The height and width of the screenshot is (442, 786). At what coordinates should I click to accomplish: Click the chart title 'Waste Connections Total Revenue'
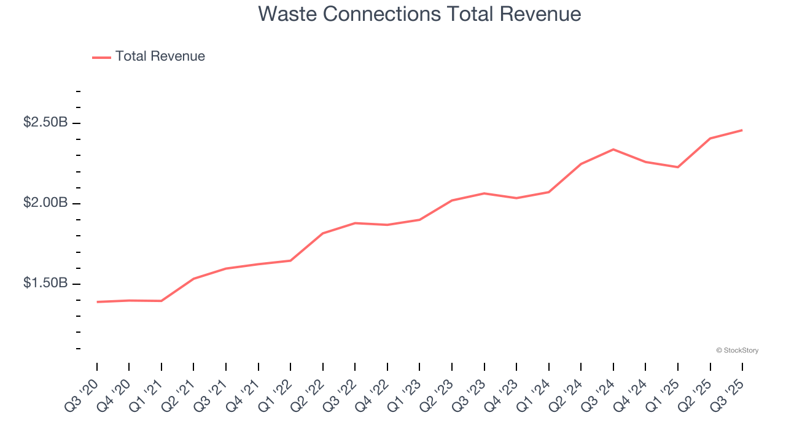pyautogui.click(x=419, y=14)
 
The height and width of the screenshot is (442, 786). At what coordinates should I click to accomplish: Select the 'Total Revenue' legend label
pyautogui.click(x=160, y=56)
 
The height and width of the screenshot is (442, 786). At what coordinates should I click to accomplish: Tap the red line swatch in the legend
pyautogui.click(x=101, y=57)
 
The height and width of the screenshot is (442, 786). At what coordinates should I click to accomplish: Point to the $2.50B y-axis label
pyautogui.click(x=45, y=123)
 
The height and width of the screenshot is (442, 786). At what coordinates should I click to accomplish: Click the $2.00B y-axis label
pyautogui.click(x=45, y=203)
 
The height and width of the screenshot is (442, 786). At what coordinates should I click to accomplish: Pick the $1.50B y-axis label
pyautogui.click(x=45, y=284)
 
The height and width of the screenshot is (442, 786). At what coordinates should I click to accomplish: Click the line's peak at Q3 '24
pyautogui.click(x=613, y=149)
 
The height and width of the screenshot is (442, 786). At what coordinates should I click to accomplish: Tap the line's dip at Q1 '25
pyautogui.click(x=678, y=167)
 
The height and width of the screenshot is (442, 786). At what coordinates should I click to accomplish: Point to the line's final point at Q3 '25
pyautogui.click(x=742, y=130)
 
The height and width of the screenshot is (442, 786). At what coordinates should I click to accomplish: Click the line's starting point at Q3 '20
pyautogui.click(x=97, y=302)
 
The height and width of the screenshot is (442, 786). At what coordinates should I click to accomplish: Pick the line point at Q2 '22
pyautogui.click(x=323, y=233)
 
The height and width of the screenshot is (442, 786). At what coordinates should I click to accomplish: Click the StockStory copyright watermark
pyautogui.click(x=737, y=351)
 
